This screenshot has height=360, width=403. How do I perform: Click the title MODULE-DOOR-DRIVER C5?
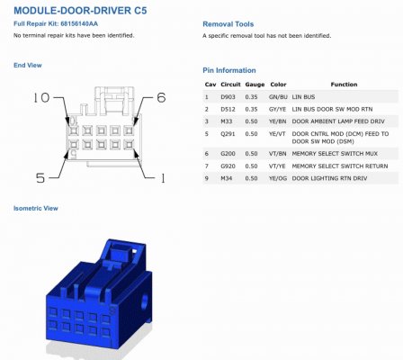coord(80,11)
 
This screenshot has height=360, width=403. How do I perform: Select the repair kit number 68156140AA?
coord(79,23)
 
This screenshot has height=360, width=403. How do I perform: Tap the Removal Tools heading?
coord(228,24)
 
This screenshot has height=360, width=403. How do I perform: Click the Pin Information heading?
coord(229,70)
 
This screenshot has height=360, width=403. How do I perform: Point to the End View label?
coord(28,65)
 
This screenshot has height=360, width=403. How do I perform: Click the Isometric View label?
coord(36,208)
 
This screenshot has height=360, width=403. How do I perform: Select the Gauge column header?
coord(255,85)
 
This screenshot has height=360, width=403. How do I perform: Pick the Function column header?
coord(344,85)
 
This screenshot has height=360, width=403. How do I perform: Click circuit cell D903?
coord(228,97)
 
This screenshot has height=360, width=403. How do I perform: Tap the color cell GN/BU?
coord(278,97)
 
